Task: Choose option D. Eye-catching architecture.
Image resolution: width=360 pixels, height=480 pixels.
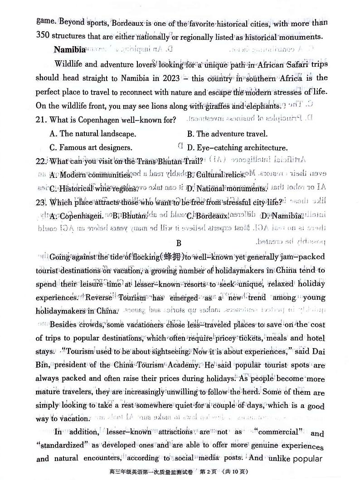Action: tap(237, 148)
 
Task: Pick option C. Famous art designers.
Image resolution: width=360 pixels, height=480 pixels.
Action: tap(91, 148)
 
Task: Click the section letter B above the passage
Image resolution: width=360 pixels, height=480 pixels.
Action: tap(179, 243)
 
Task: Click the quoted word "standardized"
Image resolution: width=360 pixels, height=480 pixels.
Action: tap(61, 446)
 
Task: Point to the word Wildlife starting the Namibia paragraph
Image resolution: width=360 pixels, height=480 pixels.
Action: tap(68, 64)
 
